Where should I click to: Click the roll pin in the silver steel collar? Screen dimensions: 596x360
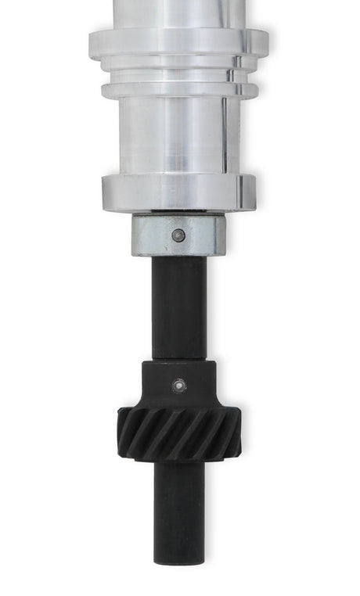pos(179,235)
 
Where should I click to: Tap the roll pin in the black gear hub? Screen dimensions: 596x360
pos(179,385)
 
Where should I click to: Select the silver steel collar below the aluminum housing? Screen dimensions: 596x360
pos(149,235)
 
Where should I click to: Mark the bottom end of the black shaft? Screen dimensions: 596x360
pos(179,560)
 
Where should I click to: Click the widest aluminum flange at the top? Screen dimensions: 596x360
pos(178,40)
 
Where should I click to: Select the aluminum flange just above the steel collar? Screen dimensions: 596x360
pos(178,192)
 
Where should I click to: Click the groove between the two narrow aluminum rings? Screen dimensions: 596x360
pos(178,77)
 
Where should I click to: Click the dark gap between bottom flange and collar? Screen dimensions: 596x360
pos(178,213)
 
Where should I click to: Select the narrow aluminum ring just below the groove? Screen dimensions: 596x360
pos(178,89)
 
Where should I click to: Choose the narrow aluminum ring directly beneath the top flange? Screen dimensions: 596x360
pos(178,66)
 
